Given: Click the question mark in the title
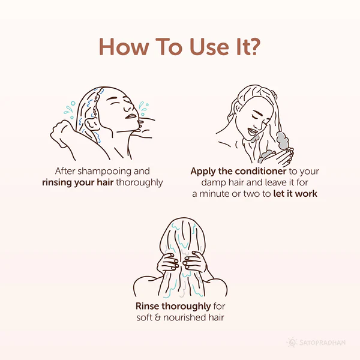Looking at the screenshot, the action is tap(253, 47).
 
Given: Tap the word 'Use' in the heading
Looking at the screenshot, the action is tap(209, 47).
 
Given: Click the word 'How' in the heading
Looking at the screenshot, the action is tap(124, 47).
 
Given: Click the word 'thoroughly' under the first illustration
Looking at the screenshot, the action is tap(139, 183).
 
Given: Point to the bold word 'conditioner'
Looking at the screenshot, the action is tap(261, 171).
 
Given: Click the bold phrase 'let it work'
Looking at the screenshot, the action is tap(295, 194).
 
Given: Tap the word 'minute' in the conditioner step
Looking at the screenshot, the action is tap(214, 194).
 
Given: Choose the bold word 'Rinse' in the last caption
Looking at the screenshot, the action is tap(147, 306).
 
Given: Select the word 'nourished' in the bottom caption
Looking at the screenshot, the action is tap(184, 317).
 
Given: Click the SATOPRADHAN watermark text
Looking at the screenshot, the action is tap(322, 343).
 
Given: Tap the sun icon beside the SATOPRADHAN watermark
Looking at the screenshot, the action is tap(292, 343).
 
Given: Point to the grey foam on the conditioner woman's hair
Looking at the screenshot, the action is tap(283, 140).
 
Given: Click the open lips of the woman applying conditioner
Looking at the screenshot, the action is tap(251, 131).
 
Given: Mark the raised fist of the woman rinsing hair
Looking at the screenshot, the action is tap(60, 133).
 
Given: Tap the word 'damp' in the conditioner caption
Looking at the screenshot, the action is tap(214, 183).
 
